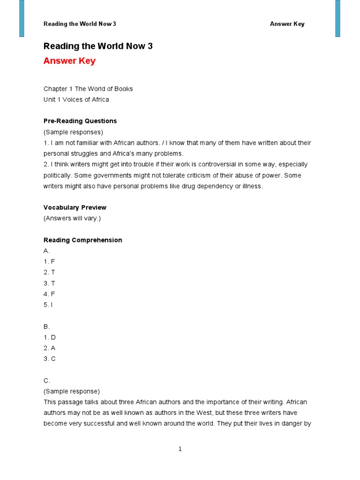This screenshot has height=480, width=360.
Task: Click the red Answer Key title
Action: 69,61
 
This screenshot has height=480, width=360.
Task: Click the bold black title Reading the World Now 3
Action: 98,46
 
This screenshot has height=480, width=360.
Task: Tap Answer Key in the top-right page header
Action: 287,24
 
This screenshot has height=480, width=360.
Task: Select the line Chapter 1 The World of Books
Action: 88,89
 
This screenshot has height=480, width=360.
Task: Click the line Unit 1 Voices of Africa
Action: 76,99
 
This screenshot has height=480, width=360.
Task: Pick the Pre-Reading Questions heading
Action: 80,121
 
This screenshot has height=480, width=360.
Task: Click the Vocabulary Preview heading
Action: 75,207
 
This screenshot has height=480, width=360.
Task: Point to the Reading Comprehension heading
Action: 82,240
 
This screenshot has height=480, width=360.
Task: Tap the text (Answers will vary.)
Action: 72,218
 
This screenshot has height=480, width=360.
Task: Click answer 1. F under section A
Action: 49,262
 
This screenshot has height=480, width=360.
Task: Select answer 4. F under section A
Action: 49,294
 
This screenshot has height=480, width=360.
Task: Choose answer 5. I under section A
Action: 48,305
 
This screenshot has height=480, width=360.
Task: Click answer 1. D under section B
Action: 50,337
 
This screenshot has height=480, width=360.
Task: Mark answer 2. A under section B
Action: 50,348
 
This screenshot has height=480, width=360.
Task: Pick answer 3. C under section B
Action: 50,359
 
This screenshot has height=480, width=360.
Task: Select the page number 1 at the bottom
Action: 180,449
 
